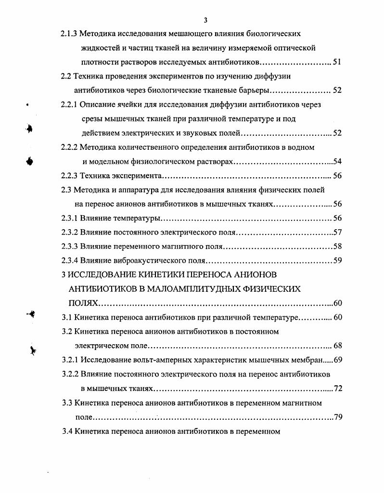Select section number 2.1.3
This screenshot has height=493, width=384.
(68, 34)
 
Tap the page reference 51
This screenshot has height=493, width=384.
(337, 62)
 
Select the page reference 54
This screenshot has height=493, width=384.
(337, 161)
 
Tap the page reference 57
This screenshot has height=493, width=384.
(337, 233)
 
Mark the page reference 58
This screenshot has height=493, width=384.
(337, 247)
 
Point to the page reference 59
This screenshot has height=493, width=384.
(337, 261)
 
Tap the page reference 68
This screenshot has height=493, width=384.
(337, 346)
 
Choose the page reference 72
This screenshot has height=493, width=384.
(337, 388)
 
